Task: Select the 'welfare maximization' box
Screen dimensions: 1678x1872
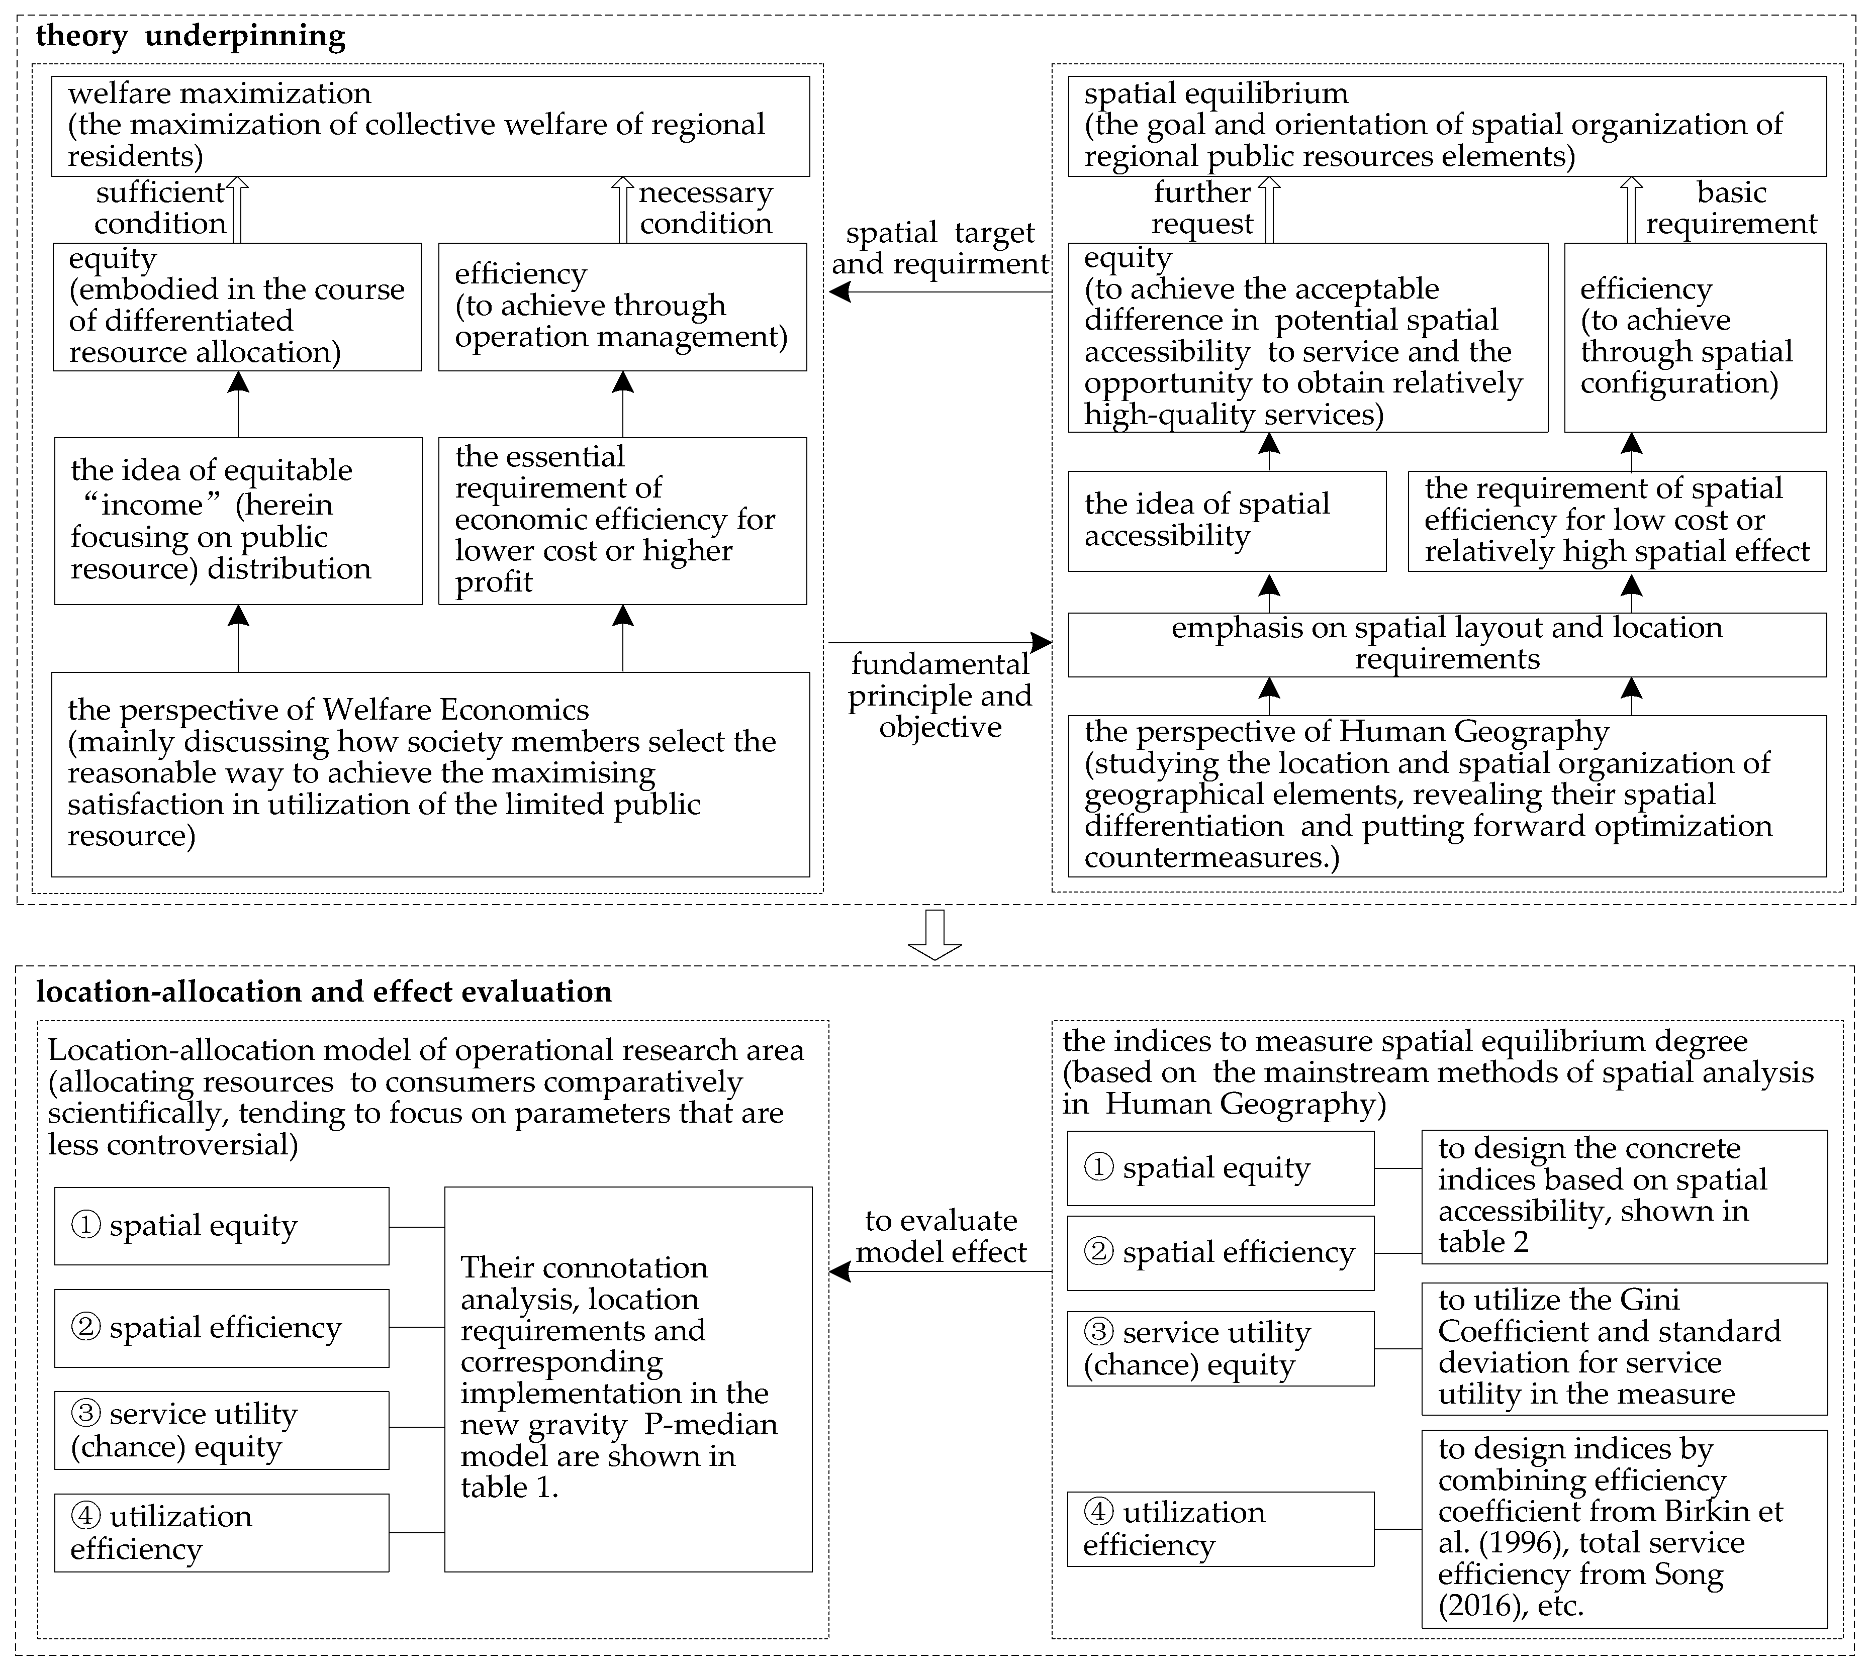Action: (x=431, y=126)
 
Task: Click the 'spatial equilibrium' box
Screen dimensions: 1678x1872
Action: (x=1447, y=126)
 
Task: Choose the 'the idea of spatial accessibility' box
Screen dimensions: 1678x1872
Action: (x=1227, y=521)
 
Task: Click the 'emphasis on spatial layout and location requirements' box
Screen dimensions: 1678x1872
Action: (x=1447, y=644)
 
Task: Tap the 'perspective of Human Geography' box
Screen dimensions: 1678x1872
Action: (x=1447, y=795)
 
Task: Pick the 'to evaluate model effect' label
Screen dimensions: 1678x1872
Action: (x=941, y=1236)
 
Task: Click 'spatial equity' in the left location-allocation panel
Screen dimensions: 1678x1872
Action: (x=221, y=1226)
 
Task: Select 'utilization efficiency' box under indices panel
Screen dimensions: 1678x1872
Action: (x=1220, y=1529)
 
